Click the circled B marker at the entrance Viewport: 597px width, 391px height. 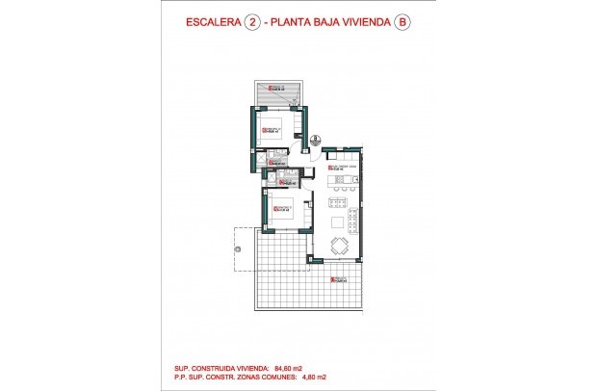tap(314, 140)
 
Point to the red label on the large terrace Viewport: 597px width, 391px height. tap(336, 280)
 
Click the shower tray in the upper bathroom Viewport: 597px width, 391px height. tap(273, 155)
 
